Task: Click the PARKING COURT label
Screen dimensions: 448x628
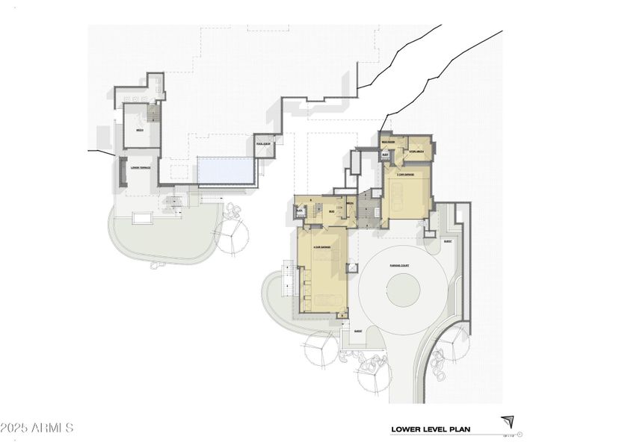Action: [x=398, y=265]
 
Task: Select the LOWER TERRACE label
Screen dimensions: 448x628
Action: [x=140, y=168]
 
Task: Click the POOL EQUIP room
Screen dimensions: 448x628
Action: [x=264, y=144]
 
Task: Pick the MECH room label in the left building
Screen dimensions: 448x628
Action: [x=140, y=130]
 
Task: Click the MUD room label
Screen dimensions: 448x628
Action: [x=332, y=211]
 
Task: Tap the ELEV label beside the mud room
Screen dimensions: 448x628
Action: [x=299, y=211]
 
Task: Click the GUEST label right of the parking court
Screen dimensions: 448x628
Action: [x=448, y=242]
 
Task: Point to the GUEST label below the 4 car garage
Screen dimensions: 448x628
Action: [x=358, y=331]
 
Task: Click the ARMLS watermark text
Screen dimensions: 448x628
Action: [x=37, y=429]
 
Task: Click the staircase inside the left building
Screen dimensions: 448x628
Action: [x=154, y=113]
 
